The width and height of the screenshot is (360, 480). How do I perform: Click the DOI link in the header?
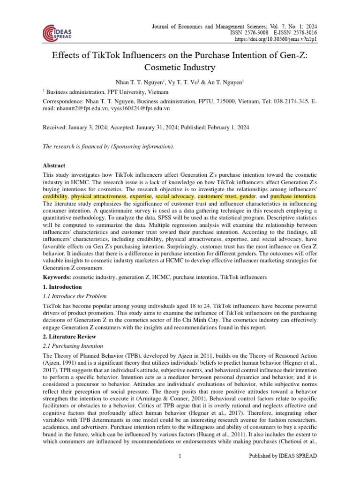tap(281, 40)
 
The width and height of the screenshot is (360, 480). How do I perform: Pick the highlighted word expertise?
tap(141, 196)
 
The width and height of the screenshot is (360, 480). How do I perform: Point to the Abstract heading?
tap(54, 165)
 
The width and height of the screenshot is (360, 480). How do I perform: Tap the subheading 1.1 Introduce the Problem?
tap(75, 296)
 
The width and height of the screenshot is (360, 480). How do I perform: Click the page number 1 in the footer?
tap(180, 456)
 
